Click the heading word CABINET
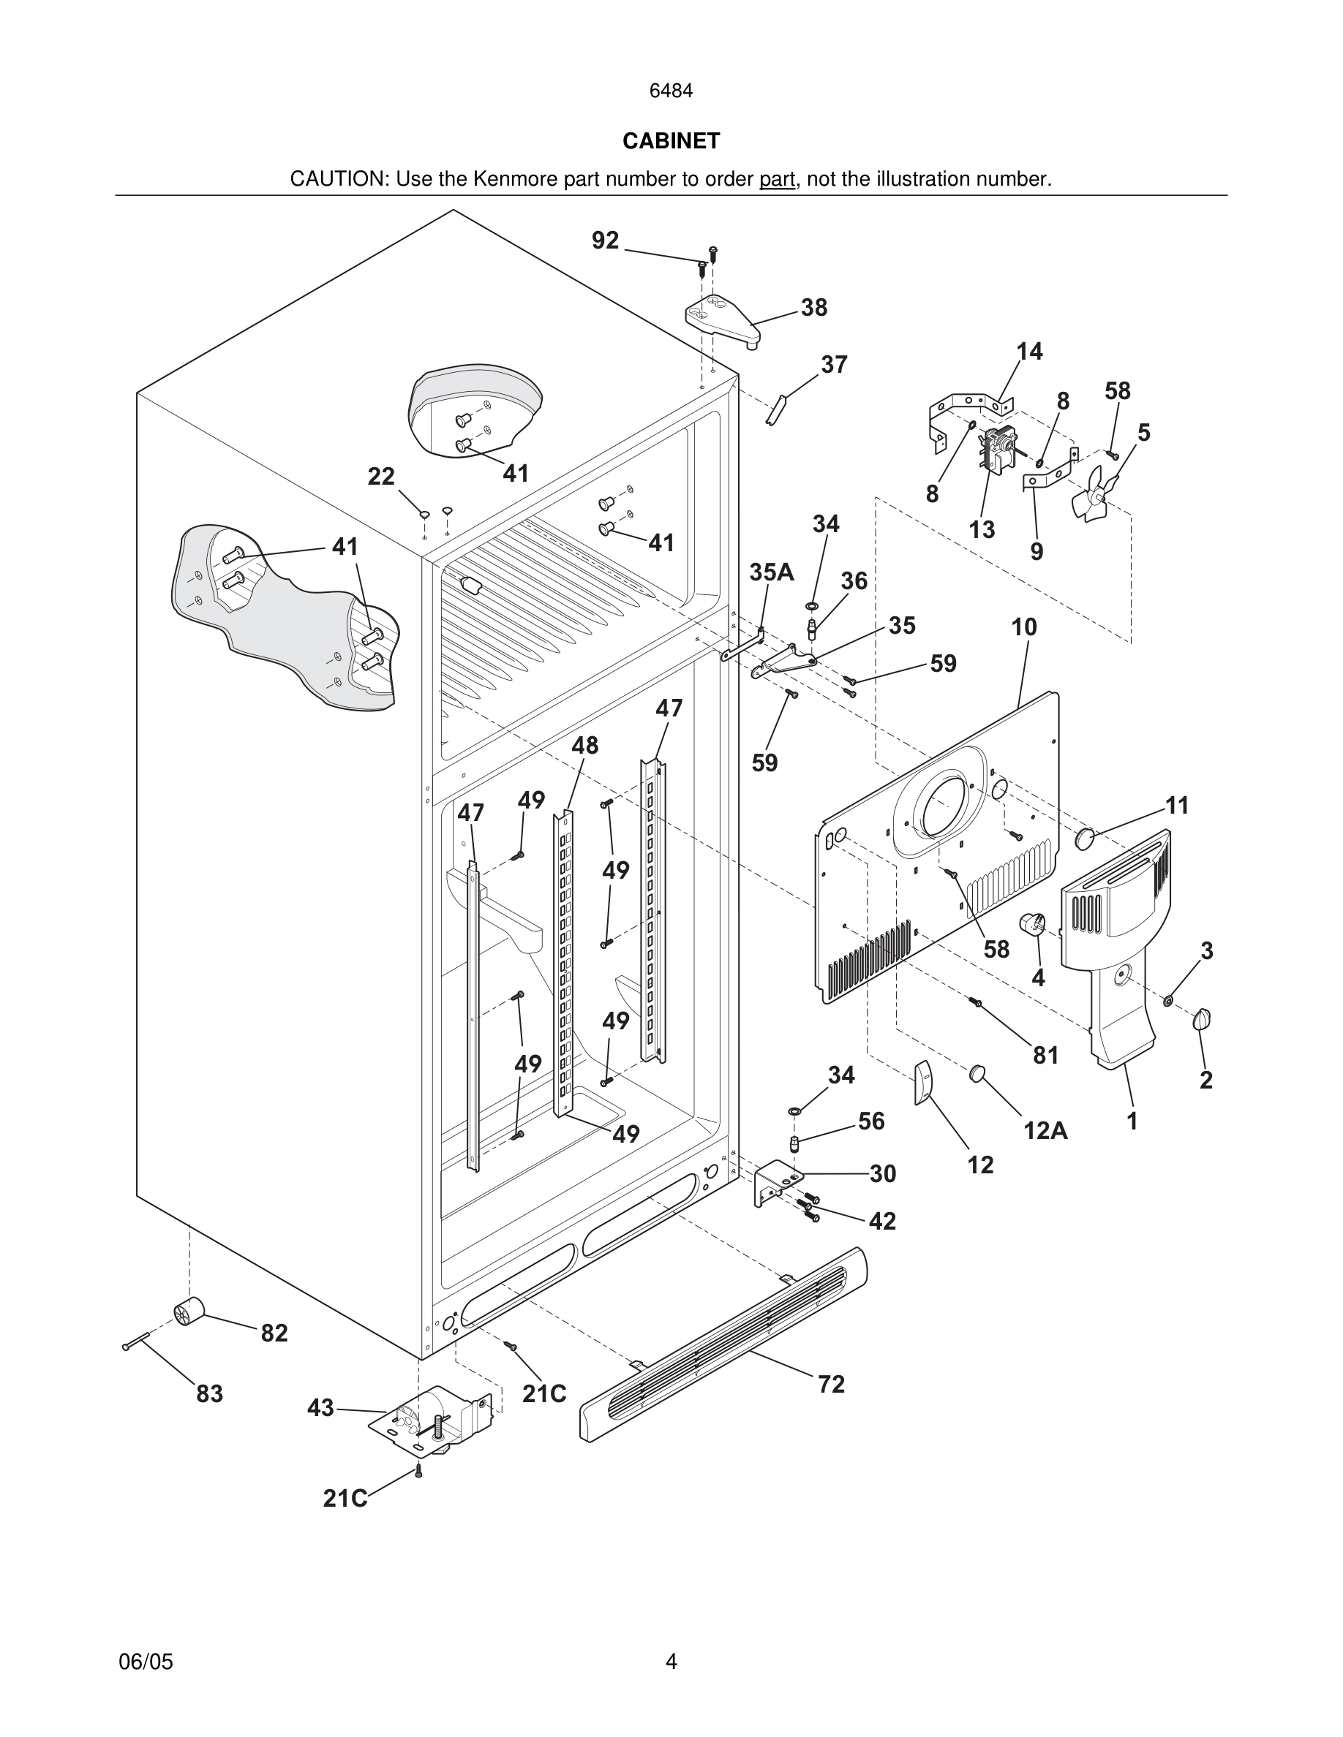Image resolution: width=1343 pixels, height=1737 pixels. pos(671,141)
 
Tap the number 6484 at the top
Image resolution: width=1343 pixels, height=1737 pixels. pos(671,91)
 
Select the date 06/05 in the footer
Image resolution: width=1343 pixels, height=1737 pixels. pos(146,1662)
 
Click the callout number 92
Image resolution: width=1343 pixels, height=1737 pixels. pos(605,241)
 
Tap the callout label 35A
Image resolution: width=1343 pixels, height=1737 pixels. pos(771,572)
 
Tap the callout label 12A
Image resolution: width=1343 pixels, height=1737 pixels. pos(1045,1130)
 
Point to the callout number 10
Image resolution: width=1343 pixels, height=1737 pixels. pos(1024,627)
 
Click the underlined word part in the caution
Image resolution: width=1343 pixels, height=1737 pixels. pos(777,180)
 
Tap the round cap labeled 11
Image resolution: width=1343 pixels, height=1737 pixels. pos(1085,838)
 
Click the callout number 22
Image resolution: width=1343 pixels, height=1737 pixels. pos(380,477)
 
